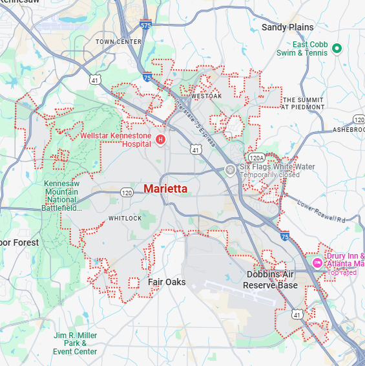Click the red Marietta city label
[x=165, y=189]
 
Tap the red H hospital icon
[x=160, y=140]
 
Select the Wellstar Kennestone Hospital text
[x=116, y=140]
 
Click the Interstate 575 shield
[x=145, y=25]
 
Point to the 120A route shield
[x=256, y=158]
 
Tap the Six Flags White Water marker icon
[x=229, y=169]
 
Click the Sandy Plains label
[x=287, y=27]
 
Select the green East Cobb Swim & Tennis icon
[x=337, y=48]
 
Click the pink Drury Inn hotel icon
[x=317, y=263]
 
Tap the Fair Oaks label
[x=167, y=282]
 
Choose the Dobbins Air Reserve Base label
[x=272, y=279]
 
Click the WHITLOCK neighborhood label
[x=125, y=219]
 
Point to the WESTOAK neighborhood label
[x=206, y=96]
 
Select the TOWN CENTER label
[x=118, y=41]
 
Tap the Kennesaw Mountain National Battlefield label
[x=62, y=196]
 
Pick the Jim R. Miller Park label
[x=75, y=343]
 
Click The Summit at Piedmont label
[x=302, y=103]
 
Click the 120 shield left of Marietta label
[x=127, y=193]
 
